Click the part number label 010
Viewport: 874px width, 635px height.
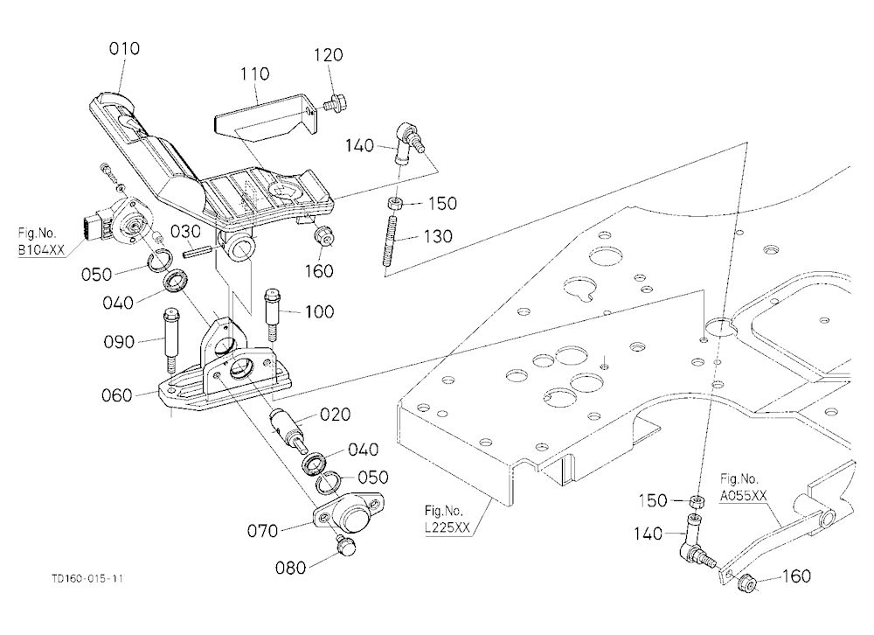pyautogui.click(x=124, y=49)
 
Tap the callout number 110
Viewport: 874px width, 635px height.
pyautogui.click(x=254, y=73)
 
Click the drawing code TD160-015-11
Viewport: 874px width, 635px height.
pyautogui.click(x=87, y=579)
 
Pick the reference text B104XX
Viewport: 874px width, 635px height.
pyautogui.click(x=41, y=250)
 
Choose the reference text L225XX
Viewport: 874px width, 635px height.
pyautogui.click(x=447, y=527)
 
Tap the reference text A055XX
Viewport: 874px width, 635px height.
pyautogui.click(x=743, y=496)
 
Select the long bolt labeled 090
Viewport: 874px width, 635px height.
pyautogui.click(x=170, y=340)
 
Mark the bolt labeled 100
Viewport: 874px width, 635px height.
pyautogui.click(x=271, y=314)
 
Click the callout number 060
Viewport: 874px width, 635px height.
pyautogui.click(x=117, y=395)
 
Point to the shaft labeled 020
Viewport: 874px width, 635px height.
pyautogui.click(x=288, y=429)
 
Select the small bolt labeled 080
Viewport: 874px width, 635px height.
pyautogui.click(x=346, y=544)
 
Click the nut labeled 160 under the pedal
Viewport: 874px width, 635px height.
pyautogui.click(x=324, y=236)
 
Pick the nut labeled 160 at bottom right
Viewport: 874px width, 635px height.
pyautogui.click(x=746, y=583)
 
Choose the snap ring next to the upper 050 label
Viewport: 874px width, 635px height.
pyautogui.click(x=161, y=260)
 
